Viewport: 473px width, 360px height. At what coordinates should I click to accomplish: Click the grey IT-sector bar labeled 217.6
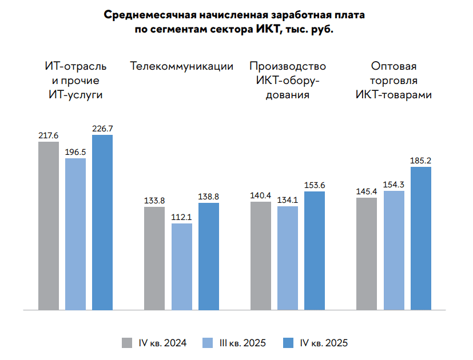click(x=49, y=226)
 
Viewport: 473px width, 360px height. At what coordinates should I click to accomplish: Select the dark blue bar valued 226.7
click(x=102, y=222)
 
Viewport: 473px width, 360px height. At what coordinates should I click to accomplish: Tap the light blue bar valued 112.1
click(x=182, y=266)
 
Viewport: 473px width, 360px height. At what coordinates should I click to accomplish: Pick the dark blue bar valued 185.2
click(x=421, y=238)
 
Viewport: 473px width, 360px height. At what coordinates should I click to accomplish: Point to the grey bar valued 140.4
click(x=261, y=255)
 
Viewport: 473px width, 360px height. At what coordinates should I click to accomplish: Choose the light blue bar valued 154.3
click(x=394, y=250)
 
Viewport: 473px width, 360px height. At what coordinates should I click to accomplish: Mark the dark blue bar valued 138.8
click(x=208, y=256)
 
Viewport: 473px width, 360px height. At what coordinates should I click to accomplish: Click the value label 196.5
click(x=75, y=152)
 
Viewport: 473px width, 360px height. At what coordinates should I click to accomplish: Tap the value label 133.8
click(x=154, y=201)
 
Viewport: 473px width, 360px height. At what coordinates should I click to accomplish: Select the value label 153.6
click(x=315, y=185)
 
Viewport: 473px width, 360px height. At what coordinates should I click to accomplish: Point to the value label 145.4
click(x=367, y=191)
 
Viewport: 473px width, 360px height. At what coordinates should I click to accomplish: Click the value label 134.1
click(x=288, y=200)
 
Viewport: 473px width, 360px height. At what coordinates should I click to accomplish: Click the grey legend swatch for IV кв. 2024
click(x=127, y=343)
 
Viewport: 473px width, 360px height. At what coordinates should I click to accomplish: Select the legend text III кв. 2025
click(x=243, y=343)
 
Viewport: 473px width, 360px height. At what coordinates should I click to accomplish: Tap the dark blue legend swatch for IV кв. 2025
click(x=288, y=343)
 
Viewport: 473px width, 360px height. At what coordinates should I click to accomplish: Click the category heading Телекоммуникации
click(x=182, y=66)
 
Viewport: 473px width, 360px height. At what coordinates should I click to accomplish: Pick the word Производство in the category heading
click(x=288, y=67)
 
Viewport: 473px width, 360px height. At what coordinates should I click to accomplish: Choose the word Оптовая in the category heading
click(x=393, y=66)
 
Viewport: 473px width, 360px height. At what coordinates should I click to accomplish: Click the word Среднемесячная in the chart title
click(x=150, y=15)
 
